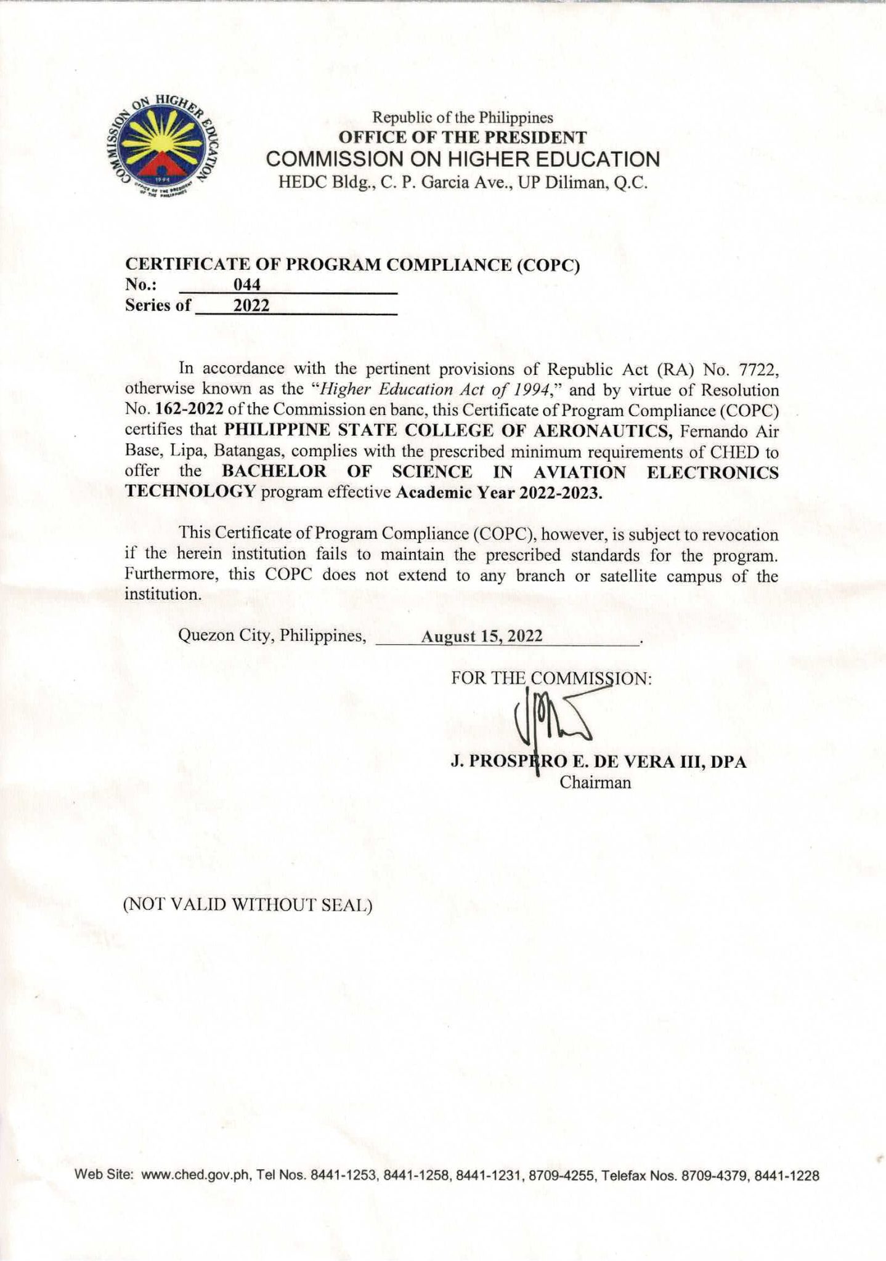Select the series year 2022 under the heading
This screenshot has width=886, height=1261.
pyautogui.click(x=251, y=305)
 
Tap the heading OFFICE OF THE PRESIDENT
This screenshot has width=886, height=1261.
pyautogui.click(x=463, y=137)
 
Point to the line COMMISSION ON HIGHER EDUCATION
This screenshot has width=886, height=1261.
pyautogui.click(x=463, y=159)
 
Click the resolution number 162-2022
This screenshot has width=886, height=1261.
pyautogui.click(x=184, y=410)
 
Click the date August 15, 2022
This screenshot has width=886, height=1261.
pyautogui.click(x=482, y=636)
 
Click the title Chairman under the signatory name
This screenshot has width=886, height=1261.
pyautogui.click(x=595, y=783)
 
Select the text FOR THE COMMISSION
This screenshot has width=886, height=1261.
pyautogui.click(x=551, y=679)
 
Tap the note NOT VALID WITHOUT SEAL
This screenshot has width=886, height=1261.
pyautogui.click(x=248, y=905)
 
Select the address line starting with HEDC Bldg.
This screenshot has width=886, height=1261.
pyautogui.click(x=463, y=183)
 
